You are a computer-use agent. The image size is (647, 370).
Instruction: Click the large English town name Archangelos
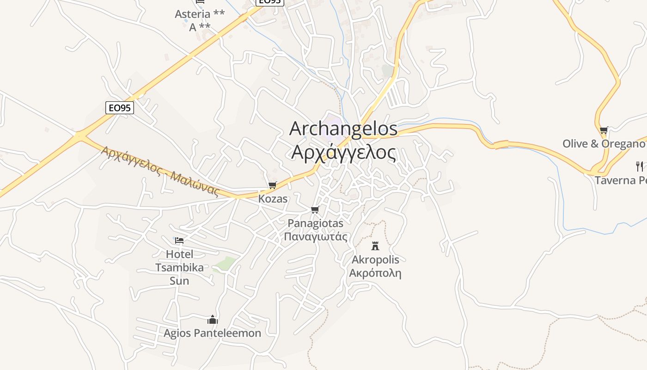343,129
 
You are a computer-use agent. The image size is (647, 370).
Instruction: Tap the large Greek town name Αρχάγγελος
343,152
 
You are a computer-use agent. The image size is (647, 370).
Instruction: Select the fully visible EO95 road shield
120,108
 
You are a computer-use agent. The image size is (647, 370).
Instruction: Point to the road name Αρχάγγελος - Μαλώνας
160,171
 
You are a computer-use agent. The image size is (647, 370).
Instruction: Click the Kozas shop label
273,199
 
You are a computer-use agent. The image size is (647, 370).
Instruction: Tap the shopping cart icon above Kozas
272,185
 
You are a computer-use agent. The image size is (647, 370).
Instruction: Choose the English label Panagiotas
315,223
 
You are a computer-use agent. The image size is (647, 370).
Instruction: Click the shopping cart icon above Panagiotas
315,210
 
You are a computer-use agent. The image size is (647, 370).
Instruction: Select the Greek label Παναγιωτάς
315,237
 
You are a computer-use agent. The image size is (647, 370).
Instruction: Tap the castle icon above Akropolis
375,246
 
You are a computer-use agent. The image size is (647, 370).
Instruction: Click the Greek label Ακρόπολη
375,273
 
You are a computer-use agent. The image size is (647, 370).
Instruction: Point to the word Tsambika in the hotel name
179,267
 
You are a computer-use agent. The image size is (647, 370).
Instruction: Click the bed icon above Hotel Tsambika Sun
179,240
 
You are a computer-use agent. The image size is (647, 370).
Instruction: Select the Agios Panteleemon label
212,333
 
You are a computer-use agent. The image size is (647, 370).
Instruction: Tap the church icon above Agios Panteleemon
213,320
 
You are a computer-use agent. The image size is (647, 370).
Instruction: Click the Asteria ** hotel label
200,14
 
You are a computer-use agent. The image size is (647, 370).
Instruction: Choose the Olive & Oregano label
604,144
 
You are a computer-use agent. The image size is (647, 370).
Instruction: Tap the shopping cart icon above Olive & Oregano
604,130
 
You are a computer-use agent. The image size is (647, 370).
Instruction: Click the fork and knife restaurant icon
640,166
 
